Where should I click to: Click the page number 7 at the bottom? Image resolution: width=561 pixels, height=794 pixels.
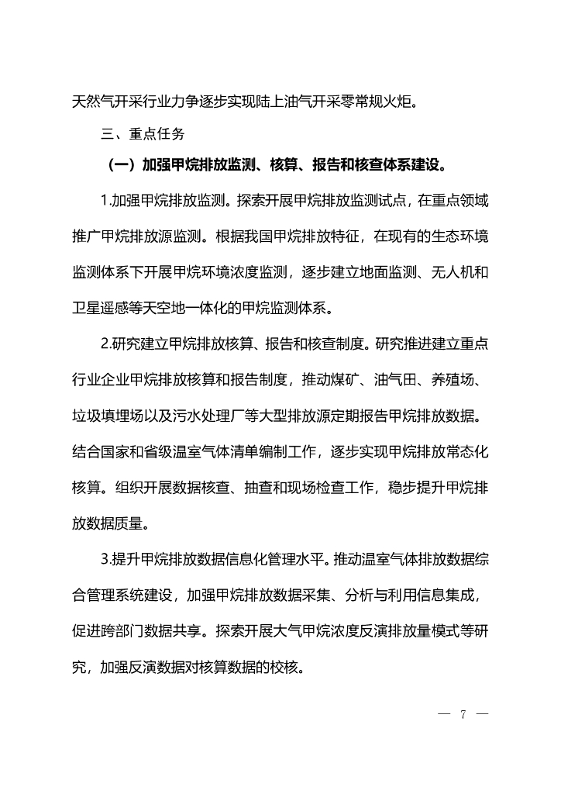463,714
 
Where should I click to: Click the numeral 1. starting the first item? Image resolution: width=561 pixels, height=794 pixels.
106,202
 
